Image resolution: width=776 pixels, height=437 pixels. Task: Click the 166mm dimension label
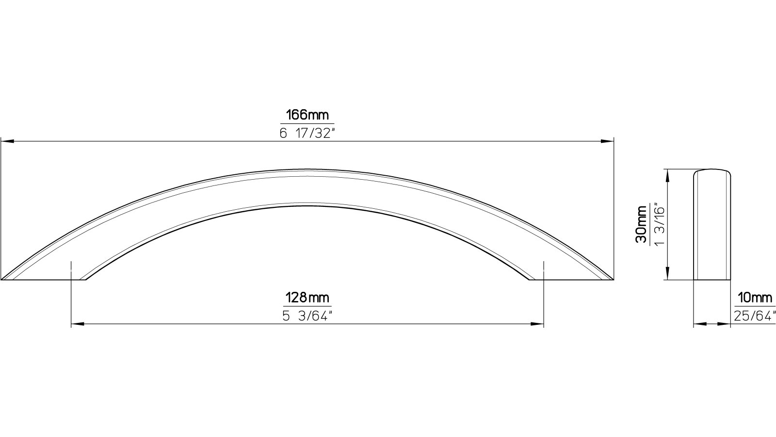tap(307, 115)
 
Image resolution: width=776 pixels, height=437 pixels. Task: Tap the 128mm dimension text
tap(307, 297)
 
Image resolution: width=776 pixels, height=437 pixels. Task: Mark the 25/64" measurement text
tap(755, 316)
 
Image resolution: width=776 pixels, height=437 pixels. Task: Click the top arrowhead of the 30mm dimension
tap(668, 174)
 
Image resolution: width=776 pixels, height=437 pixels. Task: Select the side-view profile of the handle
tap(712, 225)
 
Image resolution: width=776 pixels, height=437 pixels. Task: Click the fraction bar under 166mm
tap(307, 123)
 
